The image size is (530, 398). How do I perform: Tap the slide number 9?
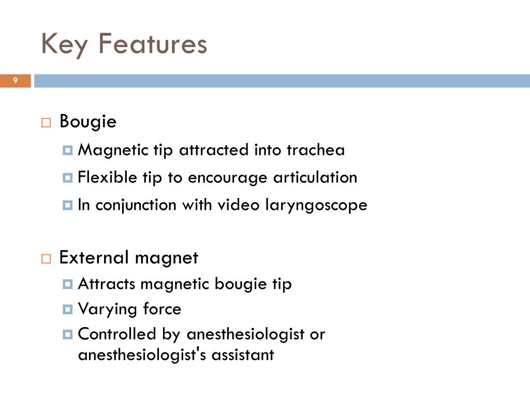pos(16,80)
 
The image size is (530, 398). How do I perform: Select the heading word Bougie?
pos(88,122)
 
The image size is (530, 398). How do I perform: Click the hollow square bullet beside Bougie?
pos(46,123)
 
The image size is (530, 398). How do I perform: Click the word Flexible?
pos(108,178)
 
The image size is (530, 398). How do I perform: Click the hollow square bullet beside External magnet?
pos(46,259)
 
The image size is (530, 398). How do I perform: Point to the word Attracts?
pos(107,284)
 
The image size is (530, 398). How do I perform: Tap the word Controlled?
pos(117,334)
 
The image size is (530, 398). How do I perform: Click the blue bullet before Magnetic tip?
pos(67,151)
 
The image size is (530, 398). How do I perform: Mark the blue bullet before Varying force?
pos(67,310)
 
